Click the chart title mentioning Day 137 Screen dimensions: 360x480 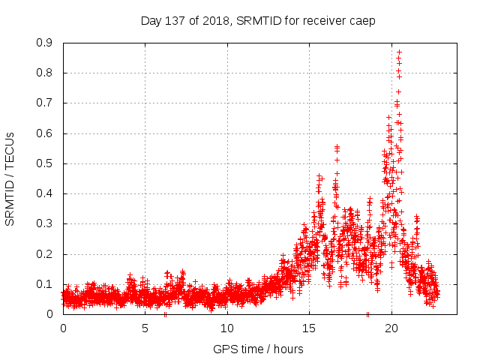pyautogui.click(x=258, y=20)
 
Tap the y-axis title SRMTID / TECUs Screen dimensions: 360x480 pyautogui.click(x=10, y=178)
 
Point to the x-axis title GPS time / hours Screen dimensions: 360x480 pyautogui.click(x=258, y=349)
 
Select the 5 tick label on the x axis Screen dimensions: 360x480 pyautogui.click(x=145, y=328)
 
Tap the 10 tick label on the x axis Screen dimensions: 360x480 pyautogui.click(x=227, y=328)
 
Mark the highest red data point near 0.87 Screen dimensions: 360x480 pyautogui.click(x=399, y=52)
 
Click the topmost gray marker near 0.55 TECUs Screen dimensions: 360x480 pyautogui.click(x=337, y=146)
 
